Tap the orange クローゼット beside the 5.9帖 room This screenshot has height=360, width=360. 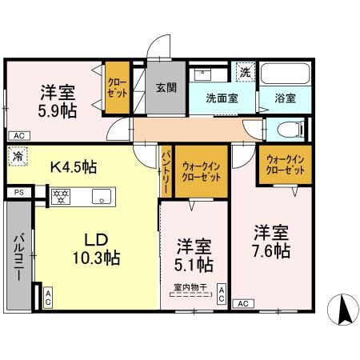(118, 86)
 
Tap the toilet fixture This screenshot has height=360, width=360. (290, 128)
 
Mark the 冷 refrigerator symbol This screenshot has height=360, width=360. (18, 158)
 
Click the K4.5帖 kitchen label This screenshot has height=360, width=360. (74, 167)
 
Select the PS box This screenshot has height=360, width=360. (18, 193)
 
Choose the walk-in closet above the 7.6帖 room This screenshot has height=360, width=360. (284, 164)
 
